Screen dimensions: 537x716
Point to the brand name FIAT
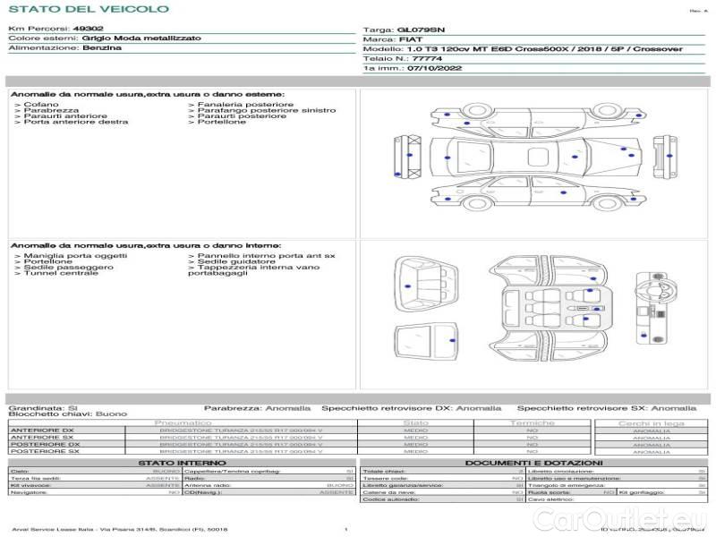point(410,39)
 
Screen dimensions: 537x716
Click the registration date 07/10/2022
point(435,67)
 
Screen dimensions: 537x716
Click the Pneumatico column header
point(183,422)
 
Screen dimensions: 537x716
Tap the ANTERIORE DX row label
point(42,430)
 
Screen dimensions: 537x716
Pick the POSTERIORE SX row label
point(44,451)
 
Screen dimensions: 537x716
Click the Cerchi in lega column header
point(651,422)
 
